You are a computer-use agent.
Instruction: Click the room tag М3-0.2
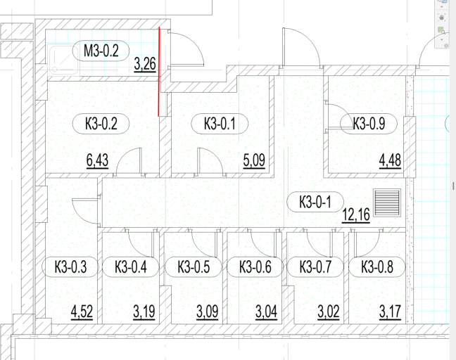tap(101, 51)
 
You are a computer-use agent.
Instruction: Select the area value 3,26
tap(145, 64)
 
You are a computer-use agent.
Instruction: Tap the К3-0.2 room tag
tap(101, 124)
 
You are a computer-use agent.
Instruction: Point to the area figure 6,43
tap(97, 160)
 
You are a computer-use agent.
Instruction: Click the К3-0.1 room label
tap(220, 124)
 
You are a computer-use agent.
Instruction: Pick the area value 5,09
tap(254, 160)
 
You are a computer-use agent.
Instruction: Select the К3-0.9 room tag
tap(369, 124)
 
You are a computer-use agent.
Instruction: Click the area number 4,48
tap(391, 160)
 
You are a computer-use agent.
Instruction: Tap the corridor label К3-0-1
tap(315, 202)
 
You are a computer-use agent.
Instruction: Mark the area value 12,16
tap(356, 215)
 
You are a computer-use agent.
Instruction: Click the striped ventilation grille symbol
tap(387, 202)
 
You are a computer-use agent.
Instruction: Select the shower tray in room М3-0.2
tap(63, 60)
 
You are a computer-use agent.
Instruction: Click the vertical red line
tap(159, 72)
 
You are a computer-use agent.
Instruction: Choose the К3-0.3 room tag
tap(70, 266)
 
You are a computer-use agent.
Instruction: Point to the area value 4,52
tap(82, 312)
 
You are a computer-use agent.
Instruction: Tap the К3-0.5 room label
tap(194, 266)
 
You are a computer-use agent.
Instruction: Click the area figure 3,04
tap(267, 312)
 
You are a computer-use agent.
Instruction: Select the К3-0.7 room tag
tap(315, 266)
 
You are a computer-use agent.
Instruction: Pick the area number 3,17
tap(391, 312)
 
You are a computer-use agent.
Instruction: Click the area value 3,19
tap(144, 312)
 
